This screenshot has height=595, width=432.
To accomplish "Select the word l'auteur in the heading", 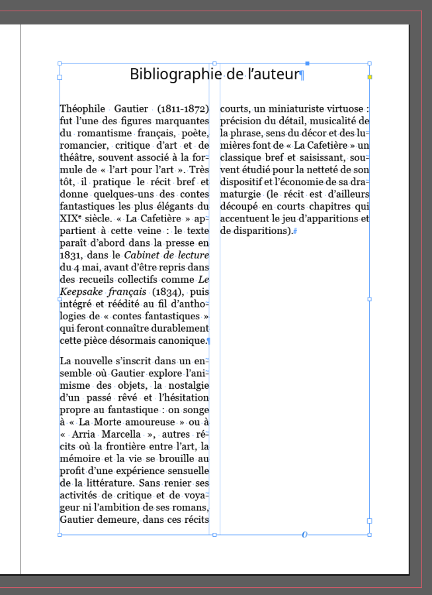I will pos(274,74).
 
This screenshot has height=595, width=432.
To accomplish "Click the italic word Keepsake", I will pos(84,292).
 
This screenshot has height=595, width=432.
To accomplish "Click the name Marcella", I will pos(118,434).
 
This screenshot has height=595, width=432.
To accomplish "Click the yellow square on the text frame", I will pos(370,77).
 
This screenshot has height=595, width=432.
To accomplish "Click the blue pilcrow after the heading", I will pos(302,75).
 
